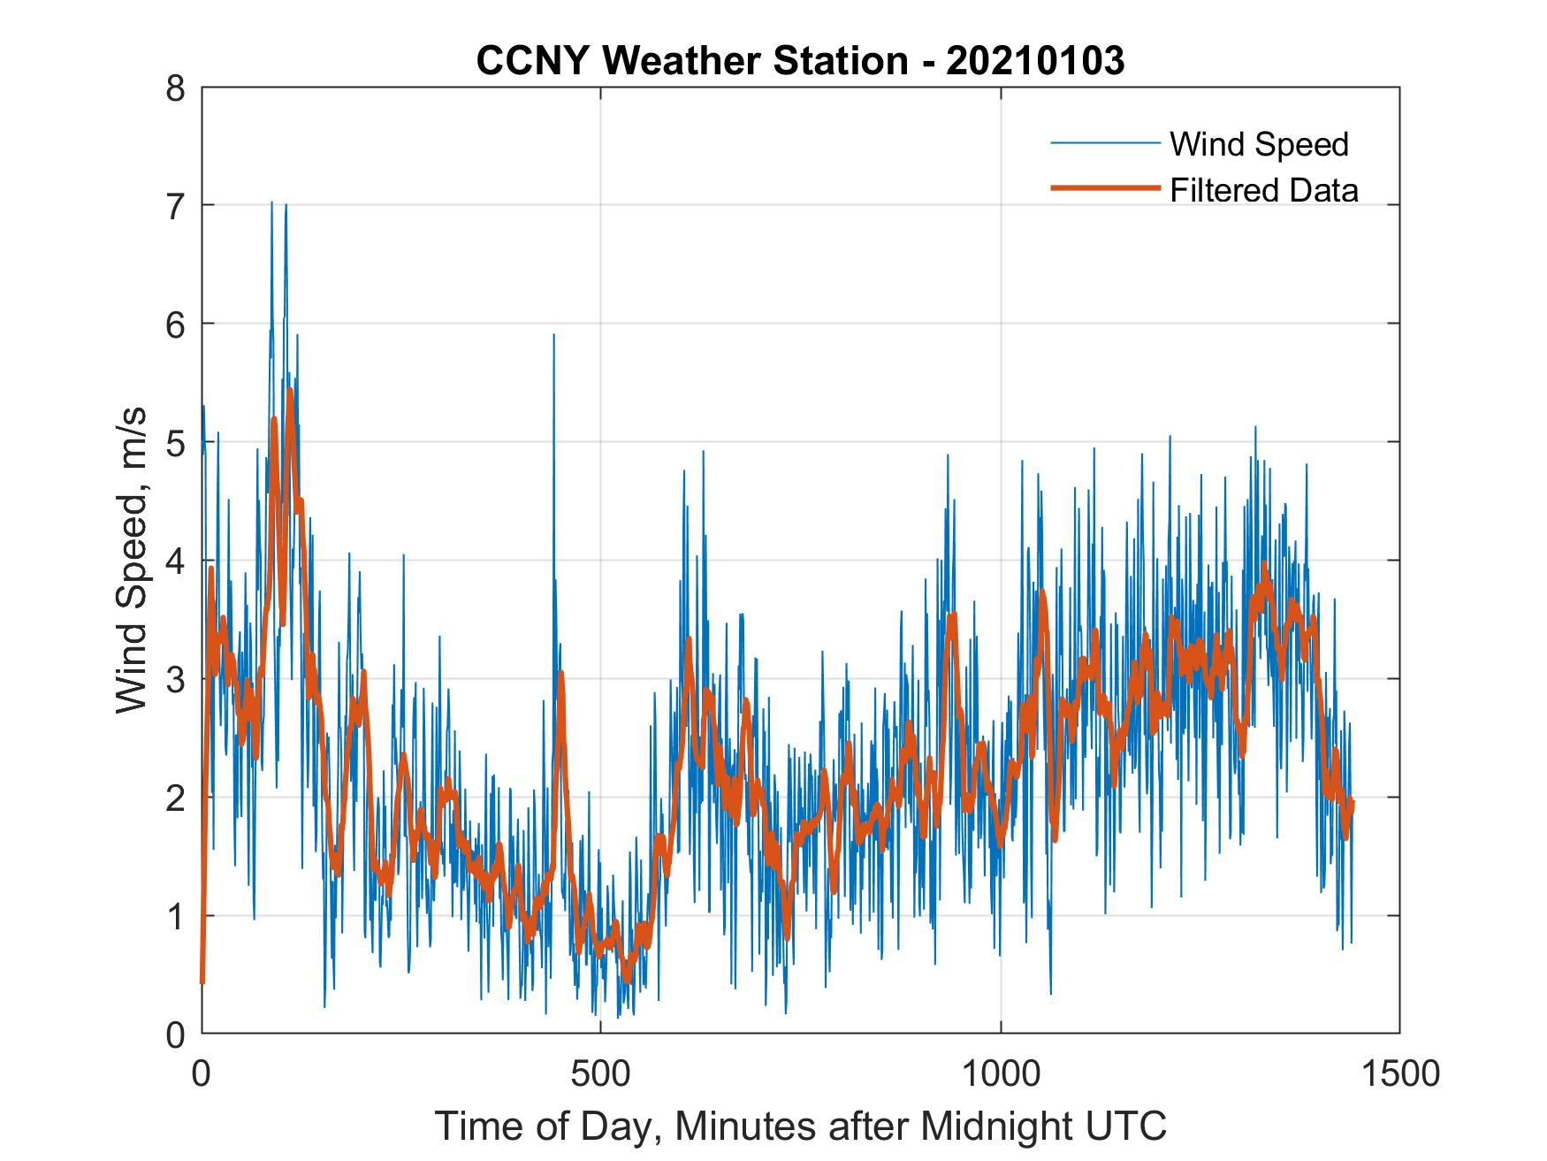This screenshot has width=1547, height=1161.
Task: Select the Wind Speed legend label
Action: click(x=1259, y=144)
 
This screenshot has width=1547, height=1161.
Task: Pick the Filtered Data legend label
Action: click(x=1263, y=190)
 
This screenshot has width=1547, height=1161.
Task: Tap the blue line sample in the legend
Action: click(x=1104, y=143)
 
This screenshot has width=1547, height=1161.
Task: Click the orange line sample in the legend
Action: click(x=1104, y=188)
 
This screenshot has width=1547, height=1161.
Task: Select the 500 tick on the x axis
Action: click(x=600, y=1073)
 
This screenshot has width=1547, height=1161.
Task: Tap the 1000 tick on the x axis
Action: click(x=1001, y=1073)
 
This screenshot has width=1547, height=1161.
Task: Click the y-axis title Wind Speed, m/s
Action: click(x=132, y=561)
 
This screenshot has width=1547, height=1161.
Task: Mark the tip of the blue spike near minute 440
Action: click(x=553, y=335)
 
